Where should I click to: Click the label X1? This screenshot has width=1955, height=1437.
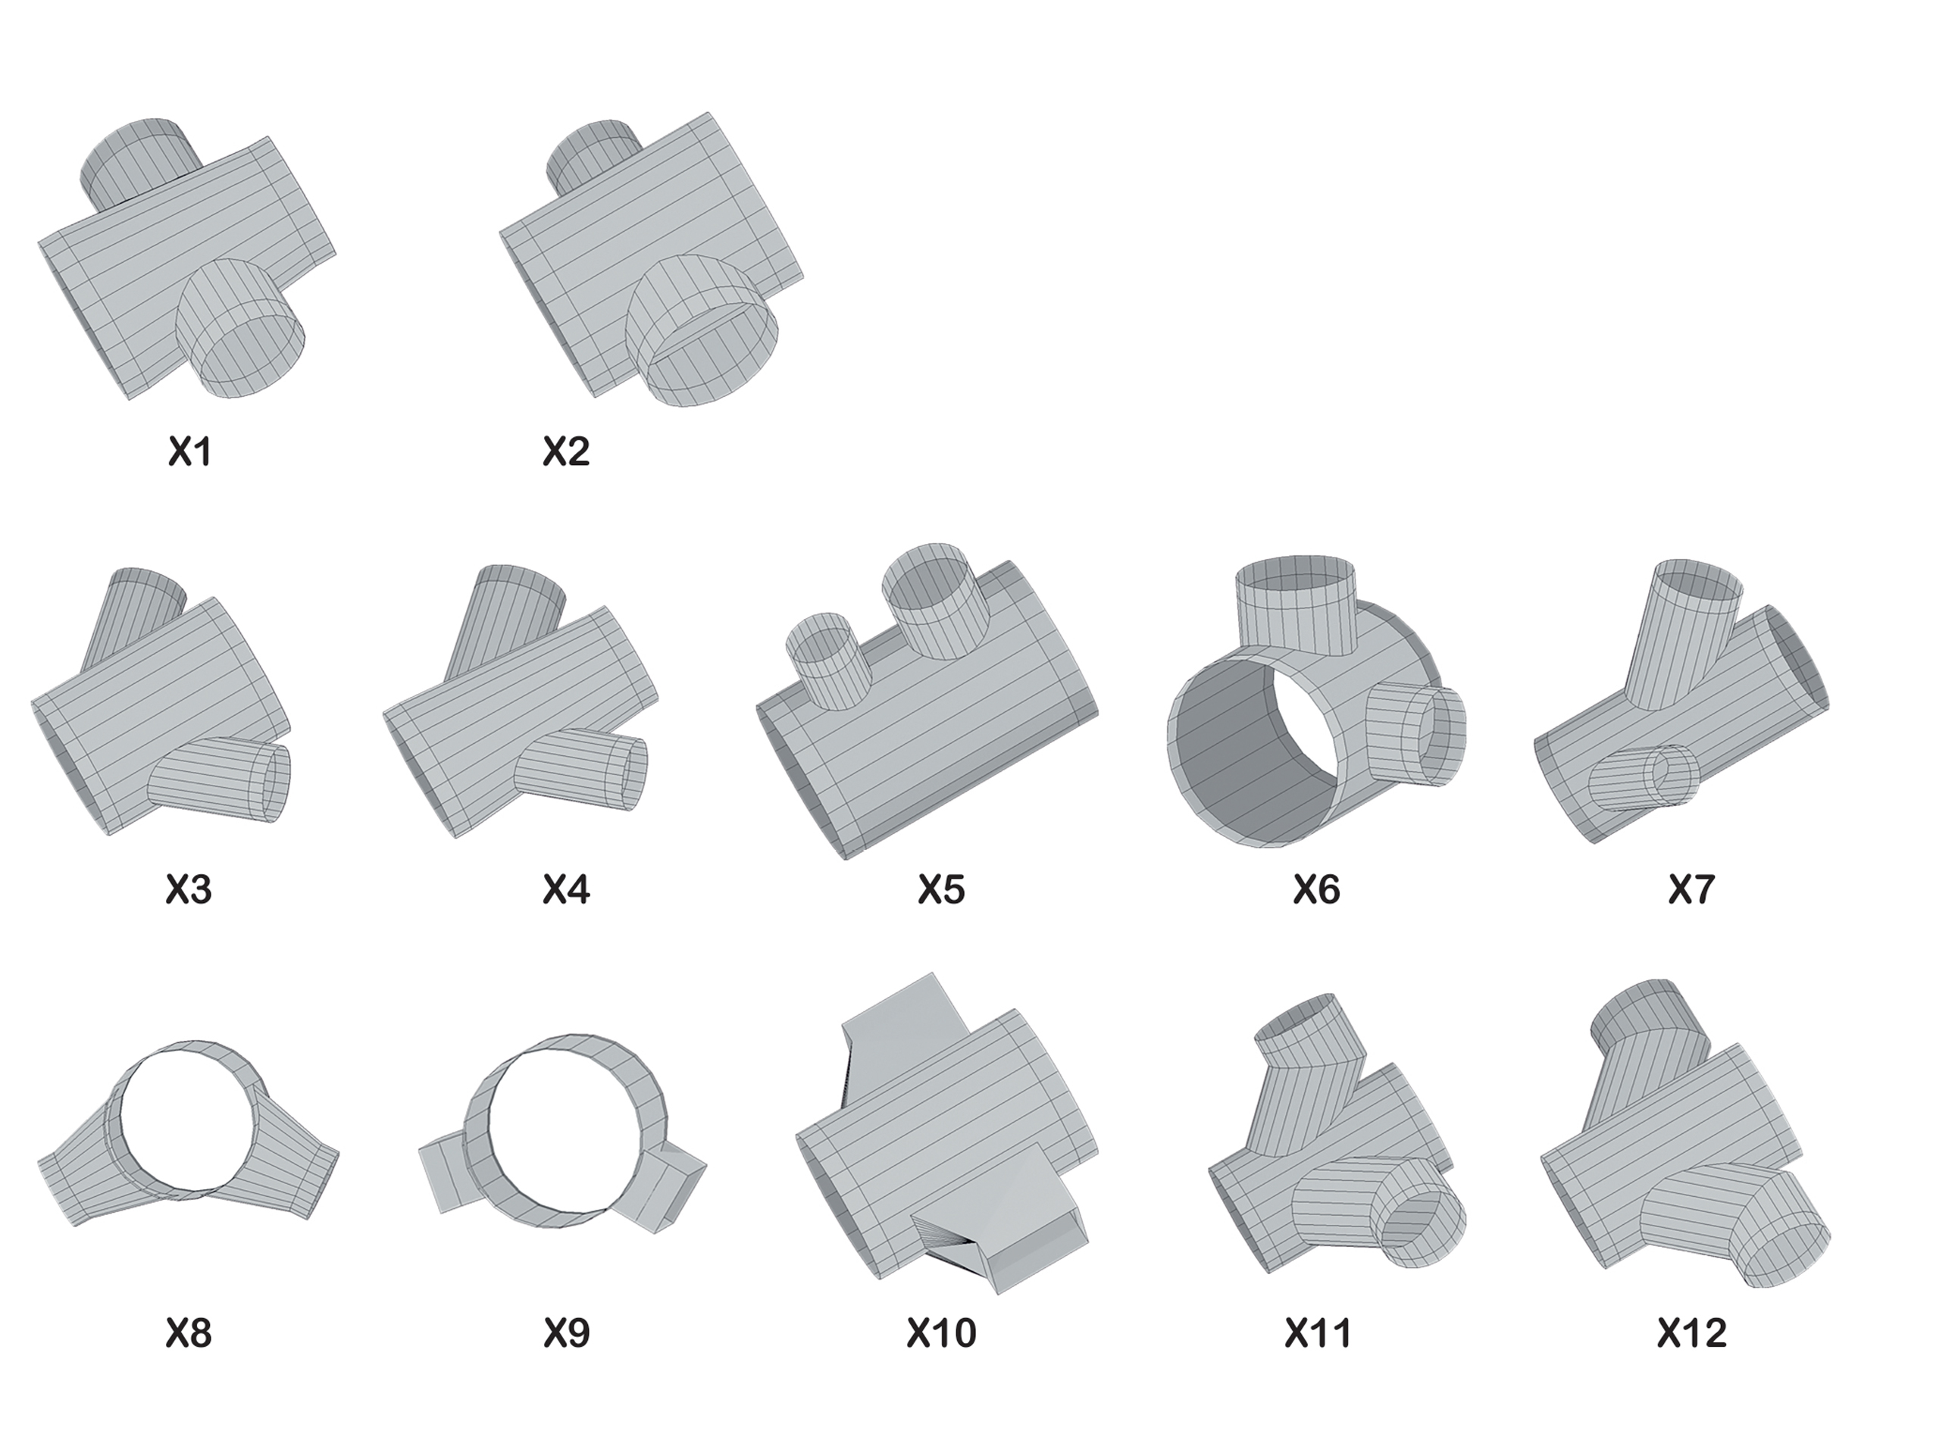coord(189,451)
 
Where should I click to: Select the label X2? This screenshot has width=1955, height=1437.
coord(566,451)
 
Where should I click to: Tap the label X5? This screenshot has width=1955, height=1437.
coord(941,890)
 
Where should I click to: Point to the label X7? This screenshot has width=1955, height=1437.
coord(1691,890)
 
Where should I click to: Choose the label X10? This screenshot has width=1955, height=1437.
coord(941,1333)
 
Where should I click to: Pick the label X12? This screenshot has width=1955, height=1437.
coord(1691,1333)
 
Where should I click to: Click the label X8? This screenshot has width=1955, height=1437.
coord(189,1333)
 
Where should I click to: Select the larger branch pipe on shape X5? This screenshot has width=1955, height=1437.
coord(935,600)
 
